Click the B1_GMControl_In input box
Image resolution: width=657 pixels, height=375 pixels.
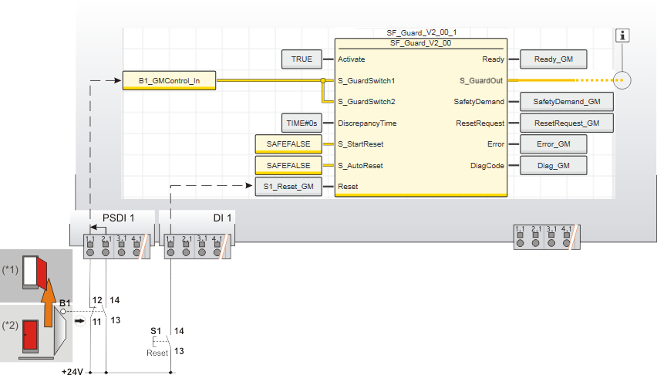(169, 80)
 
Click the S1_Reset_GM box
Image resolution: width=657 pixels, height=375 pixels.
(288, 187)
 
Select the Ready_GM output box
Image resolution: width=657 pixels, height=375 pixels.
(553, 59)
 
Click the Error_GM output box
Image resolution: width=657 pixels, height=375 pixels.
(553, 144)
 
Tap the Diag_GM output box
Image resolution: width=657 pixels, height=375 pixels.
(553, 165)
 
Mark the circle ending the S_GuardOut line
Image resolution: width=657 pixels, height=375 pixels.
(622, 79)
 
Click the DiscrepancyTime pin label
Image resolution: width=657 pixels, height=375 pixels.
(367, 123)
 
